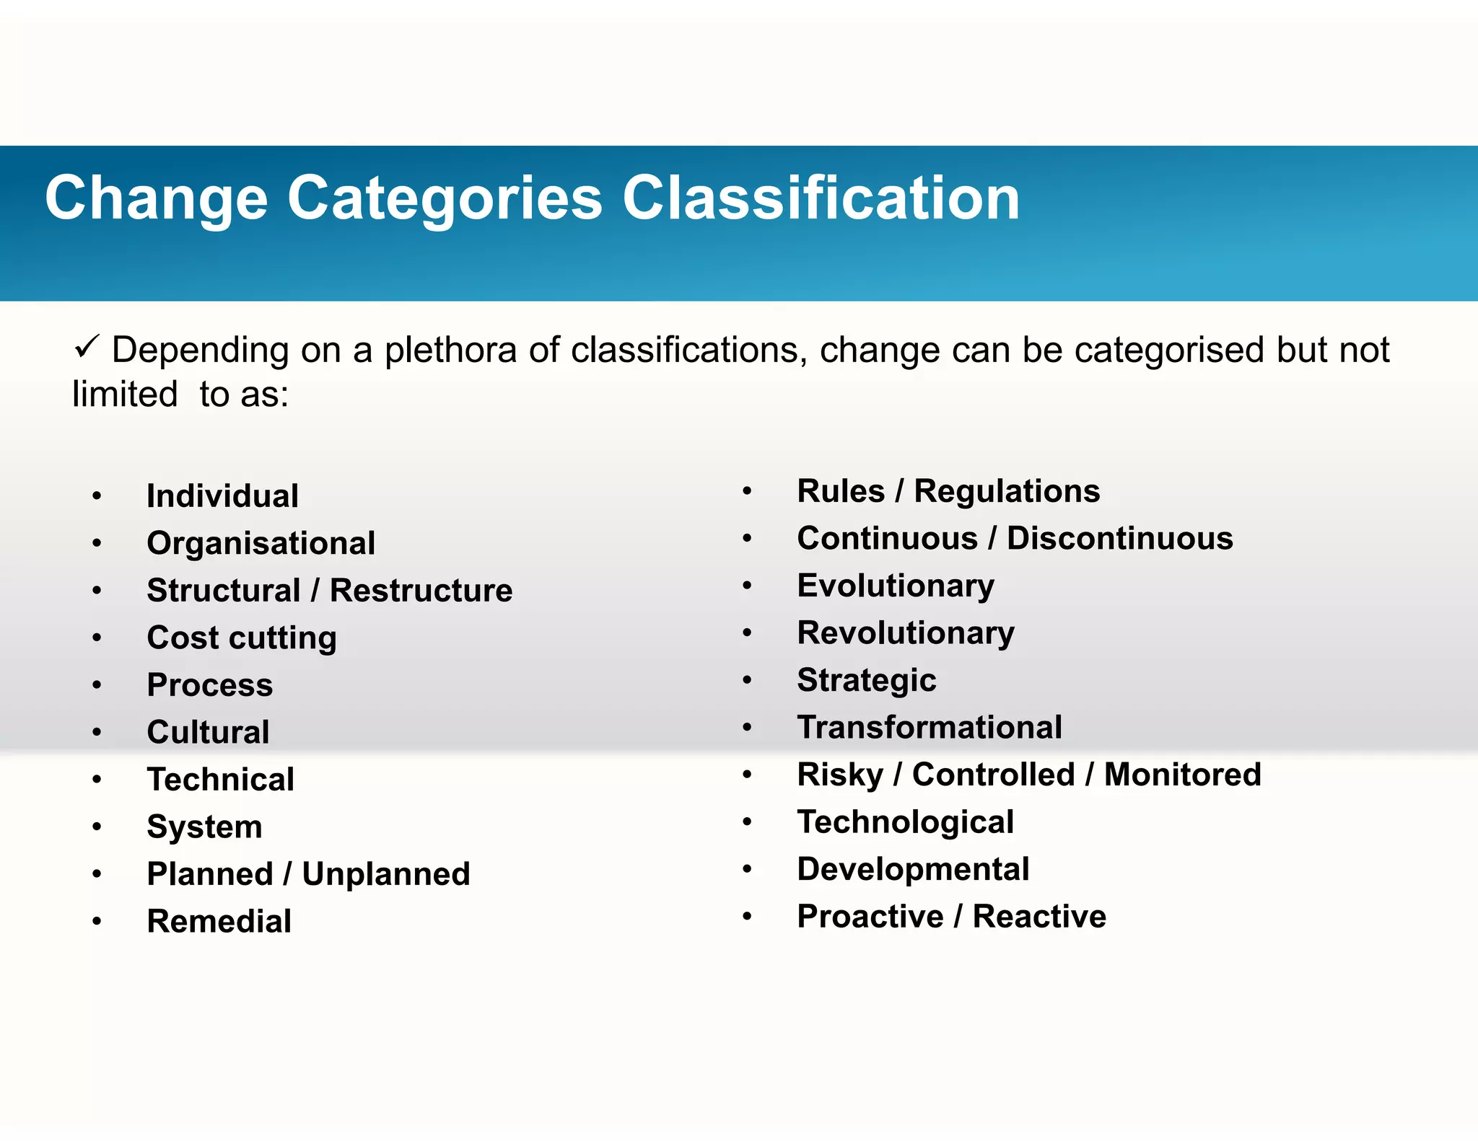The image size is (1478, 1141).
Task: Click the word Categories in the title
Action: click(x=445, y=199)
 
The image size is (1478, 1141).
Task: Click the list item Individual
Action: click(x=222, y=496)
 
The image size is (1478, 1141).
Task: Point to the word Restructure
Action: click(x=421, y=591)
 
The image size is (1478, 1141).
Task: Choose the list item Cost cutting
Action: click(x=242, y=638)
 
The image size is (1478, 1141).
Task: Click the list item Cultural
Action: click(x=208, y=733)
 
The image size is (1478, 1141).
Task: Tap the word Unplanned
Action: click(x=386, y=874)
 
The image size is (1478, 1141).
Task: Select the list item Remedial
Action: click(x=219, y=922)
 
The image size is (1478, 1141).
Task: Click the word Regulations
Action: click(x=1007, y=492)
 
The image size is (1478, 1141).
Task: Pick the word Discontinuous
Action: click(x=1120, y=539)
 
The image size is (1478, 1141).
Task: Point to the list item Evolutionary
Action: click(x=896, y=586)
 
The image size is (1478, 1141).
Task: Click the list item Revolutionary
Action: click(x=906, y=633)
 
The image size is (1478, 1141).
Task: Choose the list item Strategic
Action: click(x=867, y=681)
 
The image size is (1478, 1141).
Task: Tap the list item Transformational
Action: click(x=930, y=728)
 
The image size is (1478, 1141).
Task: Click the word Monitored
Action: click(x=1183, y=775)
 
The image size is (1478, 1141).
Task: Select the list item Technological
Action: click(x=906, y=822)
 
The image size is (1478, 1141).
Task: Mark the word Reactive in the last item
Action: click(x=1039, y=917)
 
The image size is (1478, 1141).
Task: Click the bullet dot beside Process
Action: click(x=97, y=684)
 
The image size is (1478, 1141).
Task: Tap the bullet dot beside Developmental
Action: click(x=748, y=869)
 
